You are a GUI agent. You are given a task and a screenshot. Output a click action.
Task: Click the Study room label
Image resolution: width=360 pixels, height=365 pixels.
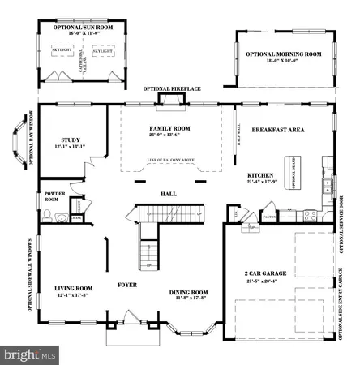tap(62, 138)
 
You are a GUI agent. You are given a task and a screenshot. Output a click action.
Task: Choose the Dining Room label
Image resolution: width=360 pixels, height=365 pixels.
tap(188, 292)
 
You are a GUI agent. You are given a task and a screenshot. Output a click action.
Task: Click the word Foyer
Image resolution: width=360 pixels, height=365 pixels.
tap(128, 285)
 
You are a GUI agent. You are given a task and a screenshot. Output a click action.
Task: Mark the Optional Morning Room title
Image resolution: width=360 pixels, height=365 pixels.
tap(284, 54)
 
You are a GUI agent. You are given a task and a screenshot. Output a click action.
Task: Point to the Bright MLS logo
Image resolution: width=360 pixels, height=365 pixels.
tap(30, 354)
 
